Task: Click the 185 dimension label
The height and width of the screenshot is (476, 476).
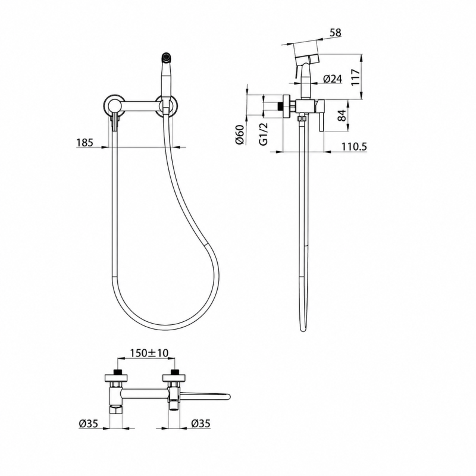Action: tap(84, 142)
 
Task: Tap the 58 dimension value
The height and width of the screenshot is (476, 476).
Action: tap(335, 33)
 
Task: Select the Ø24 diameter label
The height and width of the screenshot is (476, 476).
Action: tap(333, 79)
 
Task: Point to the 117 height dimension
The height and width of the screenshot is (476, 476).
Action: tap(355, 77)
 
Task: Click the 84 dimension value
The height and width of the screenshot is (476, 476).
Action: tap(342, 115)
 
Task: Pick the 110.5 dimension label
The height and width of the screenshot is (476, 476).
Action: tap(354, 147)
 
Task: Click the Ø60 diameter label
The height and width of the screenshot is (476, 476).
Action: tap(240, 134)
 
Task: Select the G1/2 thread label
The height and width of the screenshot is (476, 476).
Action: tap(264, 134)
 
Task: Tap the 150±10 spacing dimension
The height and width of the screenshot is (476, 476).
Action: tap(149, 353)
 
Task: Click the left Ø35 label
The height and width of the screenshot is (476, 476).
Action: tap(88, 424)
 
